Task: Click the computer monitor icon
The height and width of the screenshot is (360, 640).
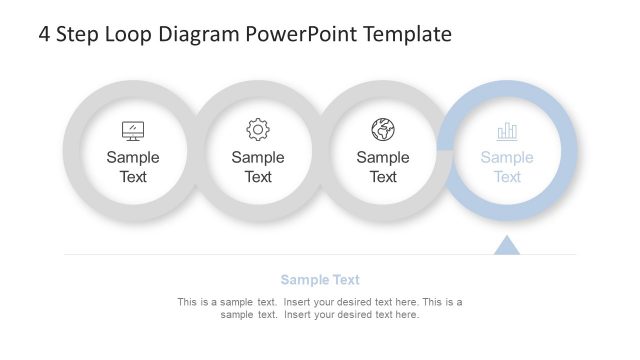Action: pos(133,131)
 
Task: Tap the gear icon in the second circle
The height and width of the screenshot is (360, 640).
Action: pos(258,130)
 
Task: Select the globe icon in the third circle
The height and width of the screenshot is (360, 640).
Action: pos(383,130)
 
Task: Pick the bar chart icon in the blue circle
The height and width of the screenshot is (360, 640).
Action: pos(507,131)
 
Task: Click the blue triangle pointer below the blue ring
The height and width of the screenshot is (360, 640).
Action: pos(507,245)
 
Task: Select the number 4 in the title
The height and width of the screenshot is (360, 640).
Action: pos(45,35)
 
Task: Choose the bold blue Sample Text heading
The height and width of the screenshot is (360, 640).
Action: pos(320,280)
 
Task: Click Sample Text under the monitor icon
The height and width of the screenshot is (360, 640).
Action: pos(133,167)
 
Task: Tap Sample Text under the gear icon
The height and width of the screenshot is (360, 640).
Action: pos(258,167)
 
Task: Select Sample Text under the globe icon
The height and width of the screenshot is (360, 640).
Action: pos(383,167)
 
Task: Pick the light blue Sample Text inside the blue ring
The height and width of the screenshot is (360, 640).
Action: pos(507,167)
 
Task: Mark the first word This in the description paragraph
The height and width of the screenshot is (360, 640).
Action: pos(187,302)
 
